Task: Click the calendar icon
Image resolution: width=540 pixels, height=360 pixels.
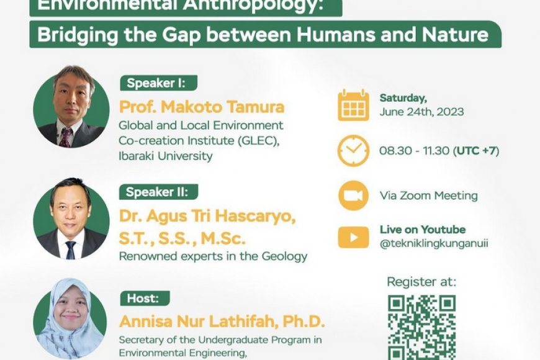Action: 354,106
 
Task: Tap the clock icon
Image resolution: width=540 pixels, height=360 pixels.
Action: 354,151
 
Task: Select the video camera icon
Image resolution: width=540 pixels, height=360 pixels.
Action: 354,196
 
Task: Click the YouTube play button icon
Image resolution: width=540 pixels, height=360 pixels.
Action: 354,237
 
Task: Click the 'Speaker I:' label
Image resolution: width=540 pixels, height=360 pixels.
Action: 158,83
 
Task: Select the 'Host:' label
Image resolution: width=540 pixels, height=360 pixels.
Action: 143,299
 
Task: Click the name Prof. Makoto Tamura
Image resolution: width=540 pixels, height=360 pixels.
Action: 202,107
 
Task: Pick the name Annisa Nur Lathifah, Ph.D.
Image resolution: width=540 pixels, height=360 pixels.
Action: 222,322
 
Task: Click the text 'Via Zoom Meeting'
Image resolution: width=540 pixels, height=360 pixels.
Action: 428,196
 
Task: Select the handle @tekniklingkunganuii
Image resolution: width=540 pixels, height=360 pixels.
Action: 434,243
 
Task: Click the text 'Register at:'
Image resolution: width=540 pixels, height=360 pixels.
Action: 421,282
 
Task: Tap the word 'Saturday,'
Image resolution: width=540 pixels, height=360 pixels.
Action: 403,98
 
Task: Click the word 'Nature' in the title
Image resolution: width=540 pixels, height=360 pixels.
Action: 456,34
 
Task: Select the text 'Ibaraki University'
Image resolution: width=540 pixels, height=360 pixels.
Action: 165,156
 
